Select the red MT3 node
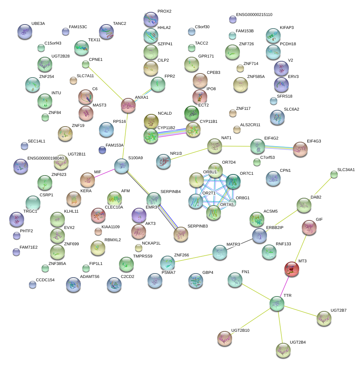(x=291, y=269)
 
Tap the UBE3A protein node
(x=24, y=31)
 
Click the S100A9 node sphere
(x=121, y=166)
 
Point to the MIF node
(x=87, y=180)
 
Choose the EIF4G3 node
(x=300, y=149)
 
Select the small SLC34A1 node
(x=334, y=174)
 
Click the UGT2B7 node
(x=324, y=318)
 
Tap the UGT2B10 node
(x=224, y=338)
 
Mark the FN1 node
(x=235, y=279)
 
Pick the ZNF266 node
(x=167, y=262)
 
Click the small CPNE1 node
(x=86, y=65)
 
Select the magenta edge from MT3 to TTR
(x=284, y=285)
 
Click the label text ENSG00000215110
(x=254, y=14)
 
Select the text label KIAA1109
(x=111, y=226)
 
